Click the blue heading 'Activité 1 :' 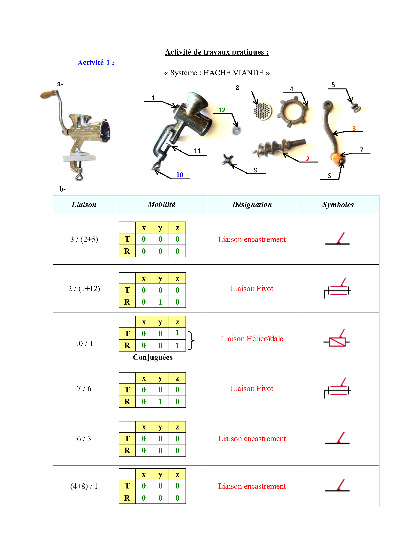(95, 63)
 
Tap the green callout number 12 (222, 110)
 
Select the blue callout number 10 (179, 175)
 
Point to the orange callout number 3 (354, 128)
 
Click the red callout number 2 (308, 159)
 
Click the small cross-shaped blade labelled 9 (227, 159)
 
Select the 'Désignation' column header (252, 205)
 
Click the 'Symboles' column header (338, 205)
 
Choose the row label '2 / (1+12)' (84, 289)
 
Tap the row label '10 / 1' (84, 344)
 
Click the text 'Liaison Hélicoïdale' (252, 339)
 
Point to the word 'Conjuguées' (153, 357)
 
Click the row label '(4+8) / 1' (84, 486)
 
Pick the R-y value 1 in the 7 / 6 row (160, 402)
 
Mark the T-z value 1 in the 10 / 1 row (177, 333)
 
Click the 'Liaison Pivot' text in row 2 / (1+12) (252, 289)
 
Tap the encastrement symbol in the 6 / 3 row (338, 439)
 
